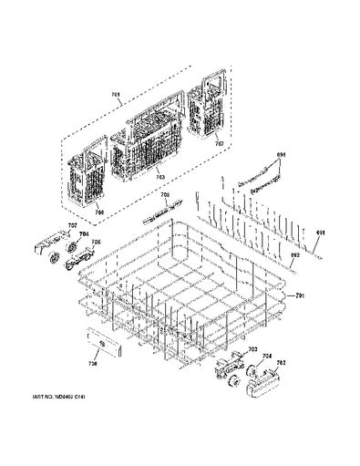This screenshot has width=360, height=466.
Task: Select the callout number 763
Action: click(159, 177)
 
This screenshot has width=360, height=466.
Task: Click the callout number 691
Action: click(319, 233)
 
